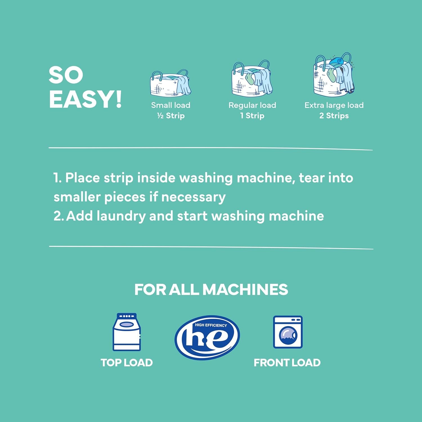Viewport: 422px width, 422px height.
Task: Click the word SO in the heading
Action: point(66,75)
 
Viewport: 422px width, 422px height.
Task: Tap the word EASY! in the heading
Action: point(85,100)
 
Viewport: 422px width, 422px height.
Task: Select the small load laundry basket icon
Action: point(170,83)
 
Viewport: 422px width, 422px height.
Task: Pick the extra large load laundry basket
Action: point(334,75)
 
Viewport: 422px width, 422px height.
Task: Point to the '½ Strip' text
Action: point(171,116)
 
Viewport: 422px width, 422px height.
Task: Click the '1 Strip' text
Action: point(252,116)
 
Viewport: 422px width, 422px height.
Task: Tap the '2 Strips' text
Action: point(334,116)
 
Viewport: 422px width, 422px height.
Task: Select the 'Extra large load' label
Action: point(334,105)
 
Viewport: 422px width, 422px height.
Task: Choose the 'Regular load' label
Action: point(252,105)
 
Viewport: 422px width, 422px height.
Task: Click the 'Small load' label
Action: point(171,105)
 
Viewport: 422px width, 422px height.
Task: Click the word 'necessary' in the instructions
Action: point(193,197)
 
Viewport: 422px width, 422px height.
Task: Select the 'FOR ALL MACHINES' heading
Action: point(211,289)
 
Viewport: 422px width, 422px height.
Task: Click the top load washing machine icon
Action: point(127,332)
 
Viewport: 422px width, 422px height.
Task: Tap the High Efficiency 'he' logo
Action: point(207,337)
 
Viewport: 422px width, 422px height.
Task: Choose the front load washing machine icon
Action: point(288,332)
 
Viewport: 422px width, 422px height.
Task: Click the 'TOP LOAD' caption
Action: point(127,363)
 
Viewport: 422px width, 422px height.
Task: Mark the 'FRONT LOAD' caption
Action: point(287,363)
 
